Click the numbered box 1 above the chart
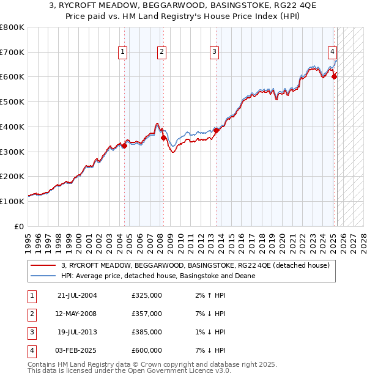[123, 53]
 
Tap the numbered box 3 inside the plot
[215, 53]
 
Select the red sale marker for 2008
[163, 138]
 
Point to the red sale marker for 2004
[124, 145]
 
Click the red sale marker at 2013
[216, 130]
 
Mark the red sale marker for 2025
[334, 76]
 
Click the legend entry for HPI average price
[158, 276]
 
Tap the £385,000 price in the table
[147, 332]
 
